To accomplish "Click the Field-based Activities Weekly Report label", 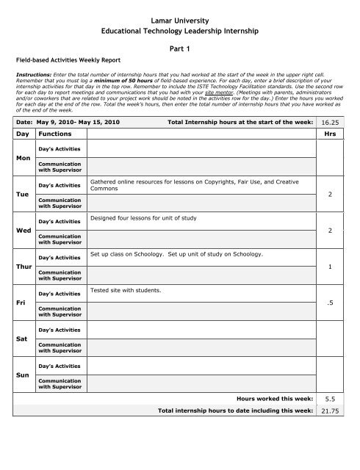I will (x=68, y=58).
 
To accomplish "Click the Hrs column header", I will (x=339, y=135).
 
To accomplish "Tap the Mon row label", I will (x=23, y=157).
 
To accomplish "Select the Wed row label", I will (x=23, y=231).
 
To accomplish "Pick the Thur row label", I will (x=24, y=266).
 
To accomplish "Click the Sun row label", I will (x=23, y=375).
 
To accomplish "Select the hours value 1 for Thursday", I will (x=333, y=267).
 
